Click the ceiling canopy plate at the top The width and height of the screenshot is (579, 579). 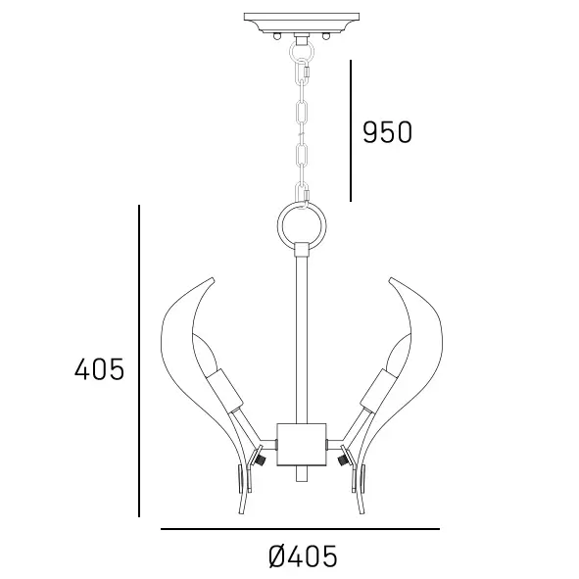pyautogui.click(x=302, y=20)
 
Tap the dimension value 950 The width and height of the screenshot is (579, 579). pyautogui.click(x=387, y=132)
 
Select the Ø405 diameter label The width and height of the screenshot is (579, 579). pyautogui.click(x=302, y=556)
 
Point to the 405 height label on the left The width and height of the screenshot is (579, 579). pyautogui.click(x=99, y=369)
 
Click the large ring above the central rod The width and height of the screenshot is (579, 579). pyautogui.click(x=301, y=225)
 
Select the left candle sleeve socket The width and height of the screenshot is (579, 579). pyautogui.click(x=227, y=392)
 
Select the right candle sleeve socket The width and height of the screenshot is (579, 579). pyautogui.click(x=376, y=392)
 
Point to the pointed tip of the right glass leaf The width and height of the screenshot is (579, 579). pyautogui.click(x=390, y=278)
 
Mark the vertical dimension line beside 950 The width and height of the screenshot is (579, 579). pyautogui.click(x=351, y=129)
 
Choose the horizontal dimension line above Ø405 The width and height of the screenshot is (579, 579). pyautogui.click(x=300, y=529)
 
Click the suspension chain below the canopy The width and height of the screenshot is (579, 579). pyautogui.click(x=303, y=118)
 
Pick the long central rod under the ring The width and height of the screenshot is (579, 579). pyautogui.click(x=301, y=333)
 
